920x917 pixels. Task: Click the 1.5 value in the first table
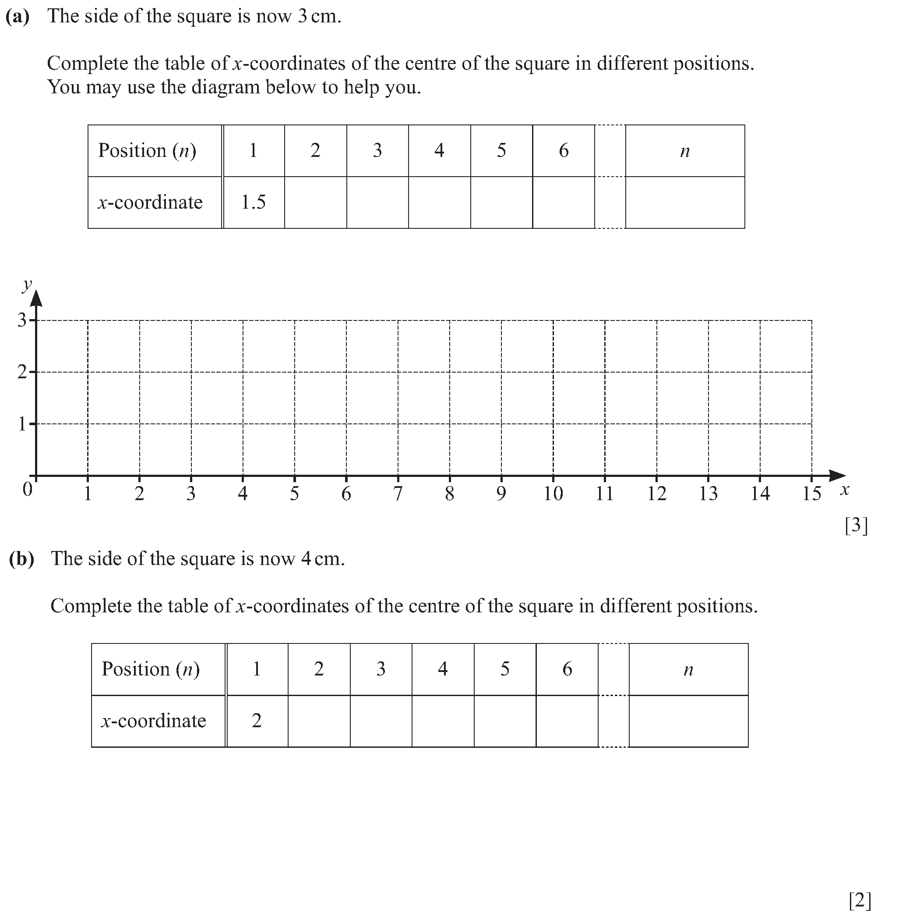[x=254, y=203]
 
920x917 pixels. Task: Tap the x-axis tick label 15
[x=811, y=494]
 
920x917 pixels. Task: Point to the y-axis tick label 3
[x=22, y=320]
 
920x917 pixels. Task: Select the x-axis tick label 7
[x=398, y=494]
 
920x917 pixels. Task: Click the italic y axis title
[x=27, y=285]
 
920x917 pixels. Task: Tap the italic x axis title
[x=844, y=490]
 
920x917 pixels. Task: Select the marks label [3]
[x=856, y=525]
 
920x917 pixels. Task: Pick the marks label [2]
[x=860, y=900]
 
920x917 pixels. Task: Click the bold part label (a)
[x=18, y=17]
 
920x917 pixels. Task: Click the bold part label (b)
[x=21, y=559]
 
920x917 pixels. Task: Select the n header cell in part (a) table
[x=685, y=151]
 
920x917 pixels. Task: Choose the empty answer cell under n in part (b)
[x=688, y=721]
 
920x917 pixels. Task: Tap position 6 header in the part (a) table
[x=563, y=151]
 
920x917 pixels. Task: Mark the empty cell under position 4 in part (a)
[x=439, y=203]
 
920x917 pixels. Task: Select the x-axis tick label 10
[x=553, y=494]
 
